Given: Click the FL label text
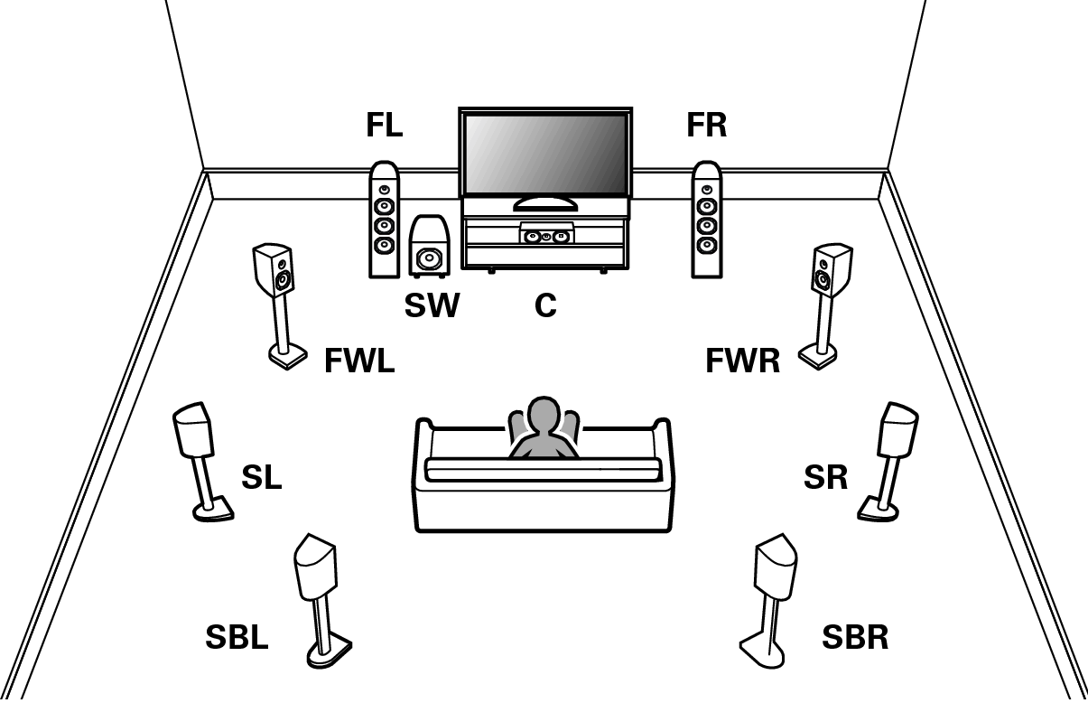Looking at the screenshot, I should point(384,126).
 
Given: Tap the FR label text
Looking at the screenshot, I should point(706,126).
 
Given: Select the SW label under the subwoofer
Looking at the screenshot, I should point(432,306).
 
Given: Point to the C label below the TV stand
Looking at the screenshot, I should point(544,306).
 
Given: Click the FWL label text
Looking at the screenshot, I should point(359,362).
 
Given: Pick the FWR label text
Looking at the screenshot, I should point(742,362).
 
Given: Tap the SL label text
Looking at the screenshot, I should point(261,478).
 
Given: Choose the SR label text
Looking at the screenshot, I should point(825,478).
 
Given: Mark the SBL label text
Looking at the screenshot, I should point(237,638).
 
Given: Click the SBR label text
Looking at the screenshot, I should point(854,638).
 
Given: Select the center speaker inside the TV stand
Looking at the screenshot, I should point(545,236).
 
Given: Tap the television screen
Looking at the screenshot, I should point(544,151).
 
